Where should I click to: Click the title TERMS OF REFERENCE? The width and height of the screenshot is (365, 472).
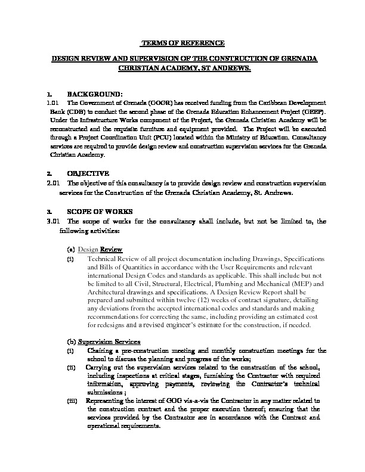click(x=182, y=44)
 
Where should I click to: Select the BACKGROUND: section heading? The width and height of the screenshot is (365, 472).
click(x=94, y=94)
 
